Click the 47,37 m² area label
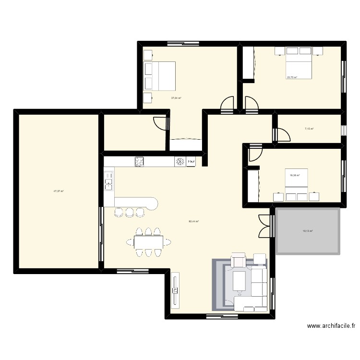pos(59,191)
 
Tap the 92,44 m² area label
pos(194,221)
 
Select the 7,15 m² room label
pos(309,129)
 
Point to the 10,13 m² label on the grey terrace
pos(308,231)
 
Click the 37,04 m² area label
pos(176,98)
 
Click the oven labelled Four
pos(192,162)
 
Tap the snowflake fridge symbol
pos(180,162)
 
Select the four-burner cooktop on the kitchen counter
pos(140,162)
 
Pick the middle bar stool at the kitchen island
pos(129,212)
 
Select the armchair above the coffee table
pos(239,261)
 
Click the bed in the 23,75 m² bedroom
pos(293,62)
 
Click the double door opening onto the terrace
pos(265,226)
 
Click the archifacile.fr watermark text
pos(331,326)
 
